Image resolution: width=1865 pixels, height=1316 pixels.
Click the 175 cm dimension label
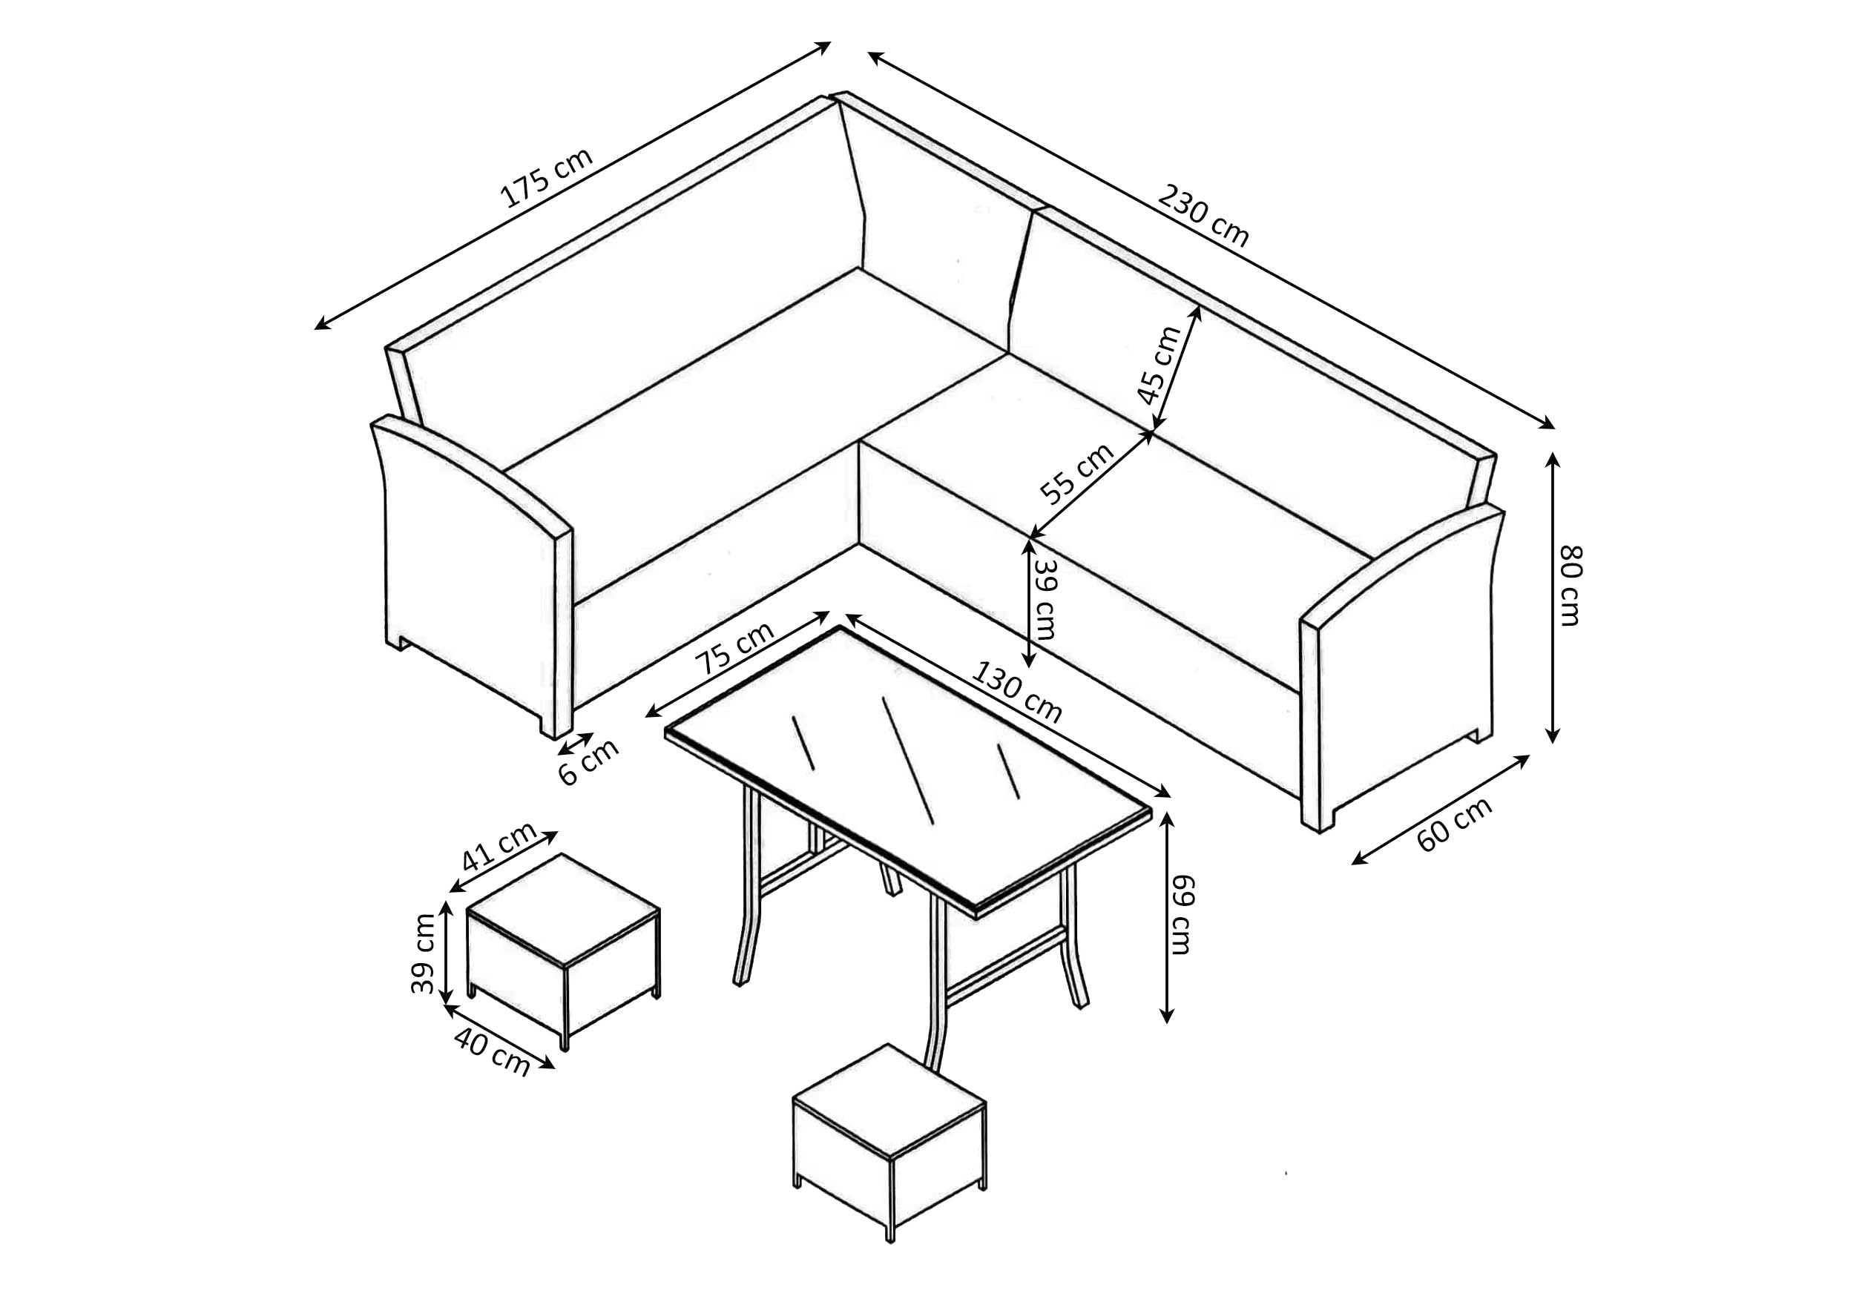[546, 178]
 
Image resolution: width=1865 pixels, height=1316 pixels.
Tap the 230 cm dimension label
[1203, 216]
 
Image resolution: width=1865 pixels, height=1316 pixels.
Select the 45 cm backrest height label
[1158, 365]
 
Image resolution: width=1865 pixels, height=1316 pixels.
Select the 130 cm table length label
[1016, 692]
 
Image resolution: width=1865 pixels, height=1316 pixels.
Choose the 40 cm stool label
[491, 1052]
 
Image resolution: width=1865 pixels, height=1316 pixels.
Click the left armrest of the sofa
[476, 569]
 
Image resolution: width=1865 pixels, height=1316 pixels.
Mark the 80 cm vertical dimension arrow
[1552, 598]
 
